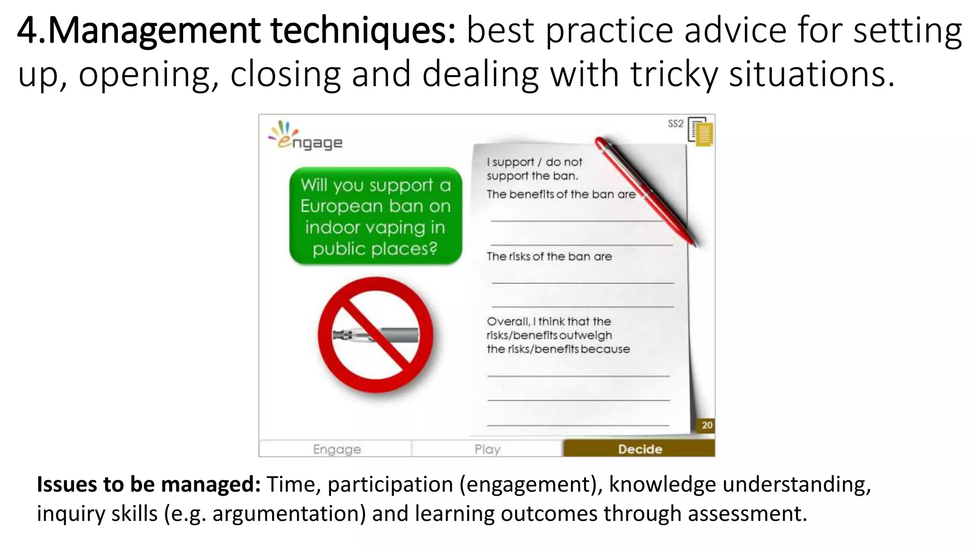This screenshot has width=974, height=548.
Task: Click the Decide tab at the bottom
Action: pyautogui.click(x=639, y=449)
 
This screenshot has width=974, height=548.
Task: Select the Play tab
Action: pyautogui.click(x=487, y=449)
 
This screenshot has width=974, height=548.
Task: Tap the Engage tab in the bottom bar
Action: pyautogui.click(x=337, y=449)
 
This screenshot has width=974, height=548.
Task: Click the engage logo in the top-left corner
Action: pyautogui.click(x=306, y=136)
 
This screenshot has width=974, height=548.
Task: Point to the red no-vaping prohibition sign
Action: pyautogui.click(x=376, y=335)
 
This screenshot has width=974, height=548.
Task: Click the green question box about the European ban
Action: pyautogui.click(x=376, y=216)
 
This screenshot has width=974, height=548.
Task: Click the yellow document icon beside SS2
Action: pyautogui.click(x=701, y=132)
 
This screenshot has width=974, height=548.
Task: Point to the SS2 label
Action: pyautogui.click(x=675, y=124)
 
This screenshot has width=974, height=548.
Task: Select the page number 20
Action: pyautogui.click(x=707, y=425)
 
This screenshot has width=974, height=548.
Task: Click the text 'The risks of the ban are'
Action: pyautogui.click(x=549, y=256)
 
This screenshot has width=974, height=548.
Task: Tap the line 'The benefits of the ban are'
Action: pyautogui.click(x=561, y=194)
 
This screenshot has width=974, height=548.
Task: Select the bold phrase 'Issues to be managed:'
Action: pyautogui.click(x=148, y=484)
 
